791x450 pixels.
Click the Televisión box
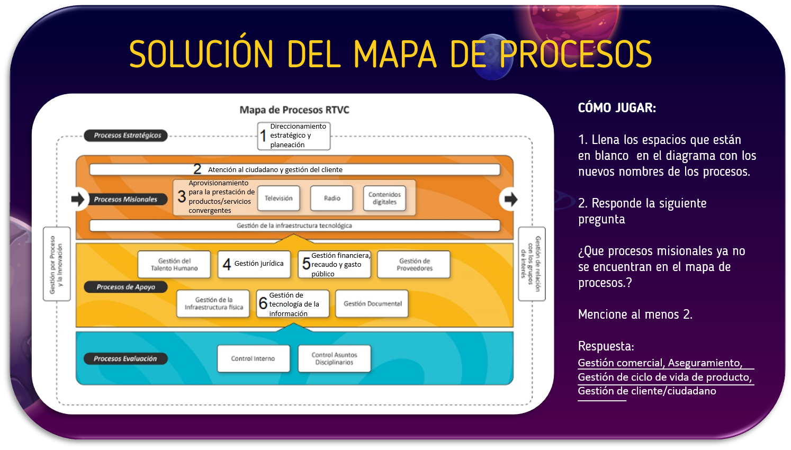[278, 198]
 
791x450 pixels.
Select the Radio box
[332, 198]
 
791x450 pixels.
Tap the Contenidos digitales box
[384, 198]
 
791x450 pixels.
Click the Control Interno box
[253, 358]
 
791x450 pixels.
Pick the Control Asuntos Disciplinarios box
[334, 358]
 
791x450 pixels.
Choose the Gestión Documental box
[372, 303]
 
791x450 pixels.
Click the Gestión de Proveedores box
[414, 264]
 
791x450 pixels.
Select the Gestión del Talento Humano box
[174, 264]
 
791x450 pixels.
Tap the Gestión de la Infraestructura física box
[213, 303]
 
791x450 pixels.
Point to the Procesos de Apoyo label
[126, 287]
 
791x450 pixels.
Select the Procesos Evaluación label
[125, 358]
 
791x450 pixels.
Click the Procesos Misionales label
[125, 200]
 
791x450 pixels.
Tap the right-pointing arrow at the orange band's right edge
[510, 200]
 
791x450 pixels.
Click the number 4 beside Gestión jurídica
[227, 264]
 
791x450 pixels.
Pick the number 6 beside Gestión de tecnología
[263, 303]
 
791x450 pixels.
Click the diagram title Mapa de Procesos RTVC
[294, 110]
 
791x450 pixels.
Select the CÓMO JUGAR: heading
[617, 108]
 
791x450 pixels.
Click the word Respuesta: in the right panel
[606, 346]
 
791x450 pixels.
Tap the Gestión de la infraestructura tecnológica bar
[294, 226]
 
